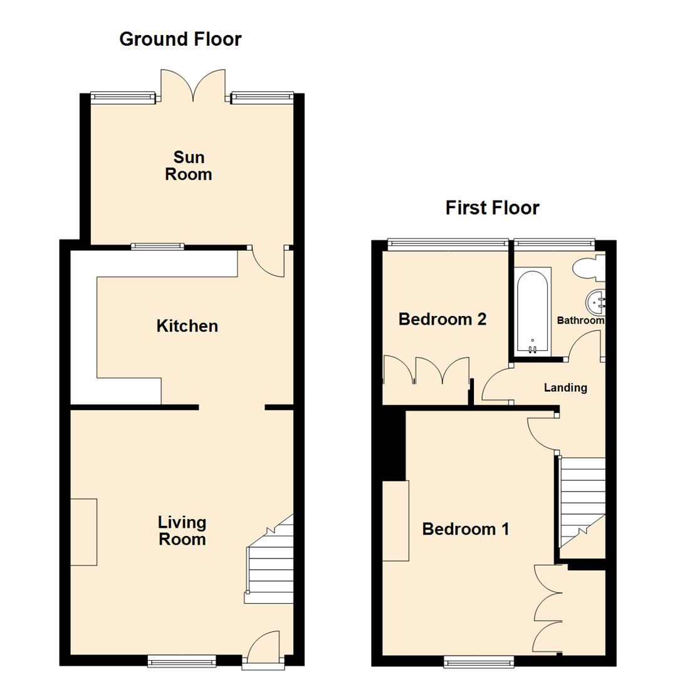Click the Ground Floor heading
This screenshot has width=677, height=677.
[180, 39]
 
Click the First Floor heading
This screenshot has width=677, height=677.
[492, 207]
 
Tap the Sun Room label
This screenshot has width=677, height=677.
[189, 166]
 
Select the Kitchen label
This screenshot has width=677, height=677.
[187, 326]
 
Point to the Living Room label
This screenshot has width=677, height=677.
[182, 531]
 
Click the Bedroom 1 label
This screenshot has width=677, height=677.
[465, 529]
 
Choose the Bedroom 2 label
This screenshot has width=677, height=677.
[443, 320]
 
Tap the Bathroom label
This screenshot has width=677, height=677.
[580, 321]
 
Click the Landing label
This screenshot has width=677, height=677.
[565, 388]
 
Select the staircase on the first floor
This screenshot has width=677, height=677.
[582, 501]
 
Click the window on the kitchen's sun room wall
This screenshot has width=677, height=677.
[157, 246]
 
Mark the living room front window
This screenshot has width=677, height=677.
[182, 660]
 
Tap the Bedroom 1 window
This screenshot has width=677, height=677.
[479, 660]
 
